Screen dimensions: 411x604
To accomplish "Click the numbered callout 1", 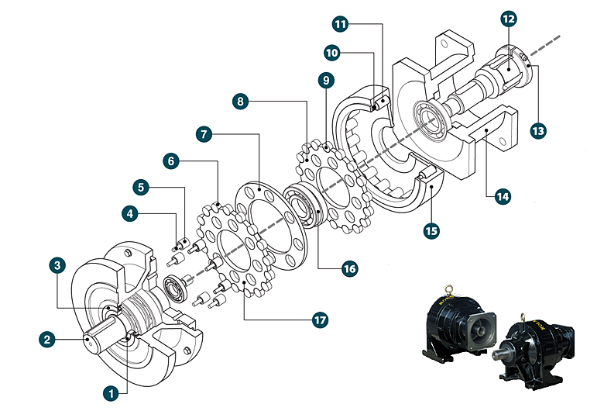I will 112,393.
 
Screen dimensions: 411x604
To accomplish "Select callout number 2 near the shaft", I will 48,338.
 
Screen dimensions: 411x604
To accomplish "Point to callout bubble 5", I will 140,187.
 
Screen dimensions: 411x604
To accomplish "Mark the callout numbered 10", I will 332,52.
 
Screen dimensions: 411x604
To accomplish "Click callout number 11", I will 341,24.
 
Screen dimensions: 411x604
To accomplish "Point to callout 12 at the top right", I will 507,17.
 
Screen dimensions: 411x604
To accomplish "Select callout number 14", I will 503,197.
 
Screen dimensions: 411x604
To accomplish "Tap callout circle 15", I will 431,230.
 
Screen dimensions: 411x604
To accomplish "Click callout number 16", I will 350,268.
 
